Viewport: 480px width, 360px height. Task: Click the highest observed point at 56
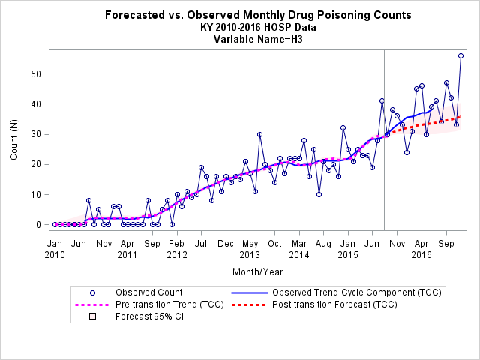pos(460,56)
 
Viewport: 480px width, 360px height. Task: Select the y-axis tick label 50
pos(36,74)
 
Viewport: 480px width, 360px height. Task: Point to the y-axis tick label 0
pos(38,225)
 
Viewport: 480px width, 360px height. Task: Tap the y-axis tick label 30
pos(36,135)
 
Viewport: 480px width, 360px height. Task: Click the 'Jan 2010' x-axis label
pos(55,249)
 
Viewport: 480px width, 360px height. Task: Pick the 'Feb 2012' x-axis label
pos(177,249)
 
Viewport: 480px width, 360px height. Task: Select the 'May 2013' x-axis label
pos(250,249)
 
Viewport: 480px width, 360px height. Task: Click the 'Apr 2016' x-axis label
pos(421,249)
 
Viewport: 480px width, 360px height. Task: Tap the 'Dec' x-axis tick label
pos(226,244)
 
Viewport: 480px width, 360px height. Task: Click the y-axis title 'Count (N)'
pos(13,139)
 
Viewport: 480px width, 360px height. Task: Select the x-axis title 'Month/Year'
pos(258,271)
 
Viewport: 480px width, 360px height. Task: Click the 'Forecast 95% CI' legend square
pos(92,316)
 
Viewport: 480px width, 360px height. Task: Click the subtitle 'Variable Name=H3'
pos(258,40)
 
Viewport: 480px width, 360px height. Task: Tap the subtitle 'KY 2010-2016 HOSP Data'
pos(258,27)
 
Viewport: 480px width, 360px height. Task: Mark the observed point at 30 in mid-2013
pos(260,135)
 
